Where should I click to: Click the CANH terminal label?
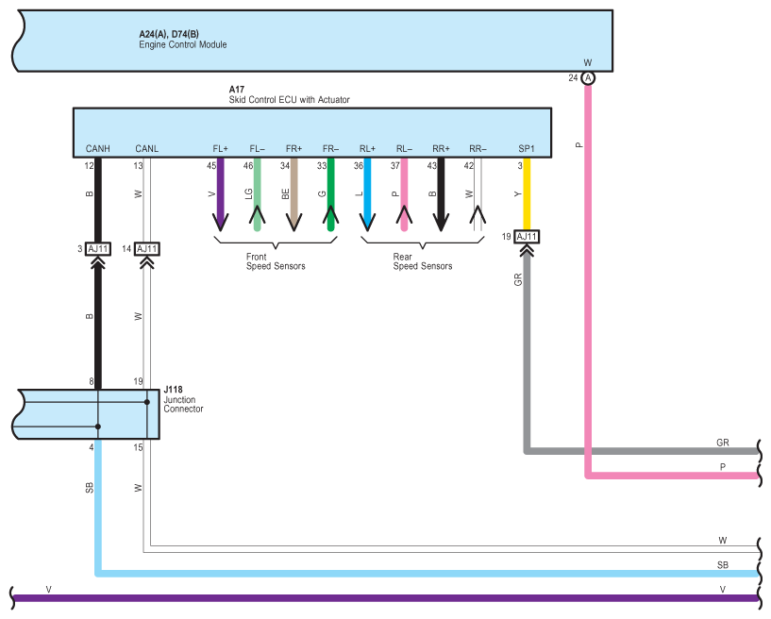pyautogui.click(x=98, y=148)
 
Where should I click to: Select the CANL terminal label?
pyautogui.click(x=146, y=148)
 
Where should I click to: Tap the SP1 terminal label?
pyautogui.click(x=527, y=148)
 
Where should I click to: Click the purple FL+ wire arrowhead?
pyautogui.click(x=220, y=223)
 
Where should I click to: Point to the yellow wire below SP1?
pyautogui.click(x=527, y=193)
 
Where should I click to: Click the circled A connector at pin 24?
pyautogui.click(x=588, y=77)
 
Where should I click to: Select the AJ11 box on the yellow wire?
pyautogui.click(x=527, y=237)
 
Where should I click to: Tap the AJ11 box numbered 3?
pyautogui.click(x=98, y=249)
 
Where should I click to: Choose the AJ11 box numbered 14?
pyautogui.click(x=147, y=249)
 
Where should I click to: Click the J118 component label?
pyautogui.click(x=173, y=390)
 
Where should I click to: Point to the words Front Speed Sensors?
pyautogui.click(x=276, y=261)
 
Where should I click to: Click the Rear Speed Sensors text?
pyautogui.click(x=423, y=261)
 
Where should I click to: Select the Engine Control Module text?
pyautogui.click(x=183, y=44)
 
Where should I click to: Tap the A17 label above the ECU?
pyautogui.click(x=237, y=89)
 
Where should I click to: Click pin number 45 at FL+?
pyautogui.click(x=211, y=166)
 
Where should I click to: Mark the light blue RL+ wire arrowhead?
pyautogui.click(x=367, y=223)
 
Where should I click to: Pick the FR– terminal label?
pyautogui.click(x=330, y=148)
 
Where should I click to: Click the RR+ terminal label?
pyautogui.click(x=441, y=148)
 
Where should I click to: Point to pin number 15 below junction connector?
pyautogui.click(x=138, y=447)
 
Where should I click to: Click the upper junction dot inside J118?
pyautogui.click(x=147, y=402)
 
